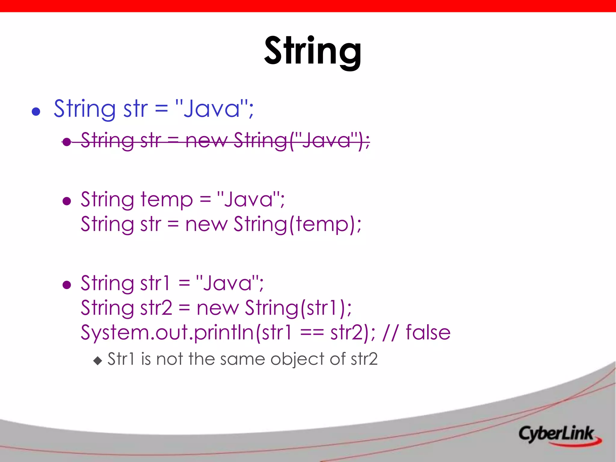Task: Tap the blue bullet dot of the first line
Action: tap(36, 112)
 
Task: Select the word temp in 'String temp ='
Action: tap(167, 200)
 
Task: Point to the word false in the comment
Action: tap(428, 333)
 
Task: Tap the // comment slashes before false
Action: tap(390, 333)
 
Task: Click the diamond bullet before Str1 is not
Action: tap(98, 360)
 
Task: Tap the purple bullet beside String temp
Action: tap(67, 201)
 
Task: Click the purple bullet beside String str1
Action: tap(67, 285)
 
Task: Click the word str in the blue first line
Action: tap(135, 109)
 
